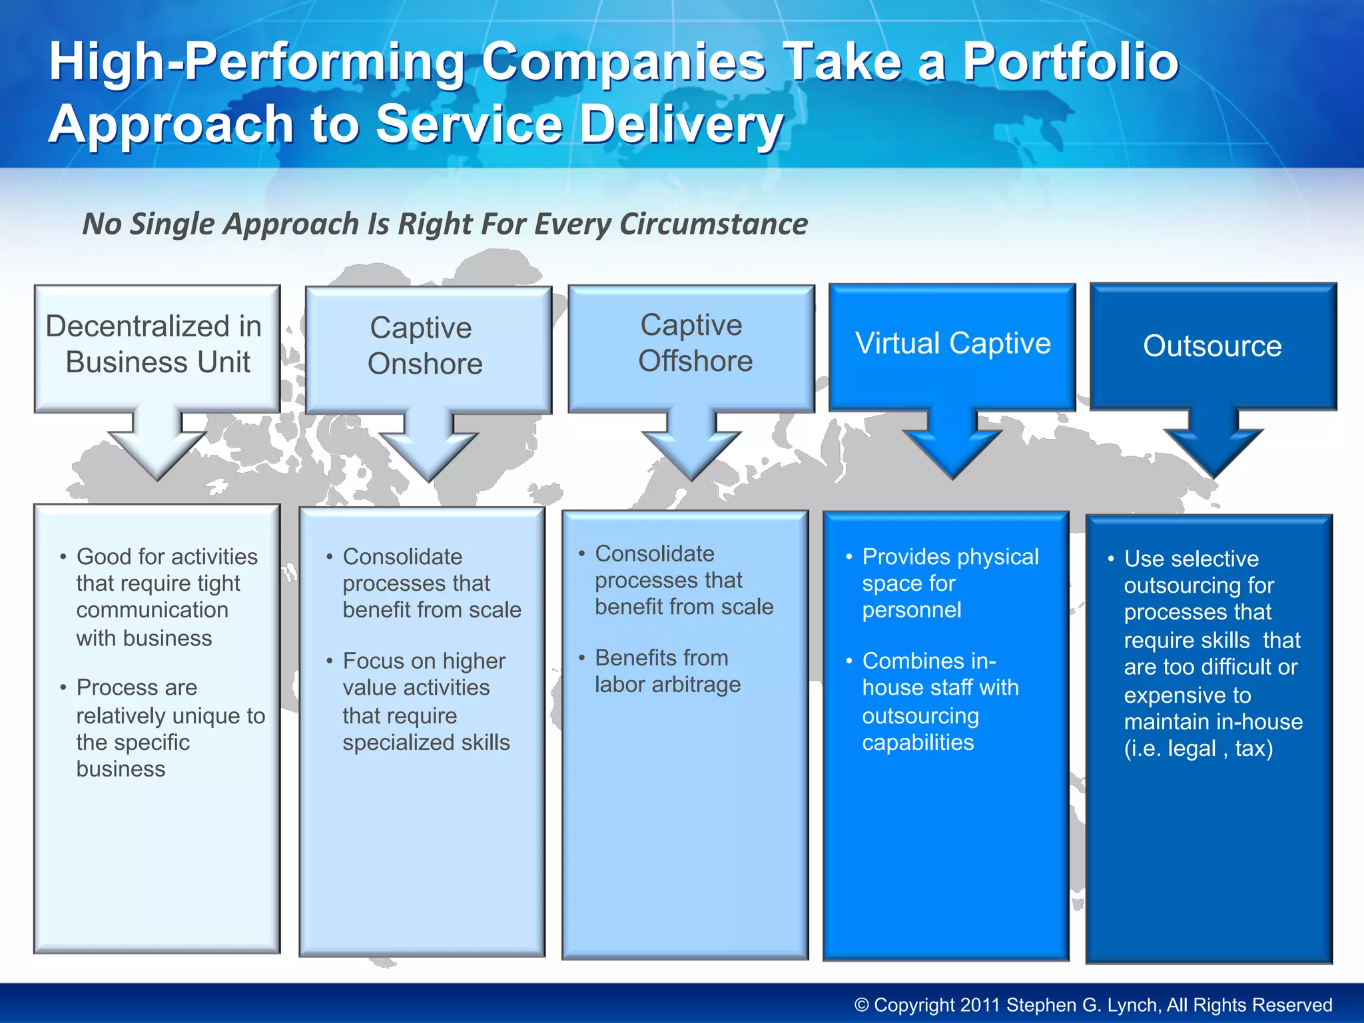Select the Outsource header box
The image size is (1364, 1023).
click(1212, 346)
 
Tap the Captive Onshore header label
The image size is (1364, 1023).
click(425, 346)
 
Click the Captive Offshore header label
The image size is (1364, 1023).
click(693, 343)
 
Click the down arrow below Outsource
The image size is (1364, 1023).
click(1213, 443)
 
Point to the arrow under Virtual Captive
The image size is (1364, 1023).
click(952, 443)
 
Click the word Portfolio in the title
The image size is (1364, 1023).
click(1070, 62)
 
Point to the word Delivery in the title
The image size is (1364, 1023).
click(681, 125)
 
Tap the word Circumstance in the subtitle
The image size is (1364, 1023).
click(713, 224)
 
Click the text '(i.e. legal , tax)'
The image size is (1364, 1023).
click(1198, 749)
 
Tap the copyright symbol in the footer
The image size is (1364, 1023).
click(862, 1005)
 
